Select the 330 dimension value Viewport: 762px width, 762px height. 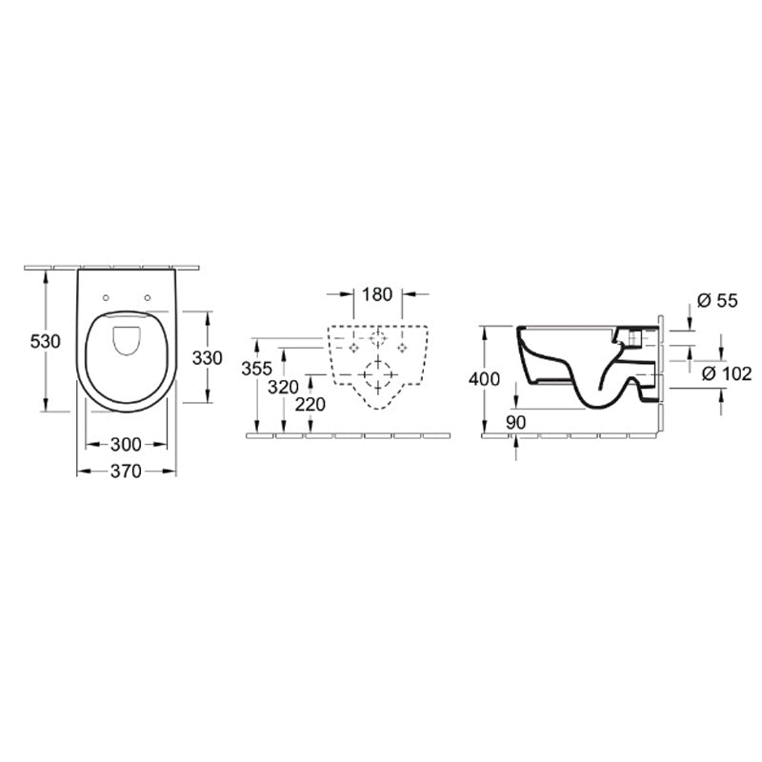[207, 358]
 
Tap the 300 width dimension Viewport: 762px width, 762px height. [127, 444]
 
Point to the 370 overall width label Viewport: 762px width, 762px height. [127, 471]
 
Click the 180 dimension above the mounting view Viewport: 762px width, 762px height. [378, 294]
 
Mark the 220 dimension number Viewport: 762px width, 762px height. [311, 404]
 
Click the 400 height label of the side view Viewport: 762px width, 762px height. [484, 379]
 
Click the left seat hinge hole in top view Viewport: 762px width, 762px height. [105, 297]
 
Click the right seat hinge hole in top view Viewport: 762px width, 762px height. [150, 297]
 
